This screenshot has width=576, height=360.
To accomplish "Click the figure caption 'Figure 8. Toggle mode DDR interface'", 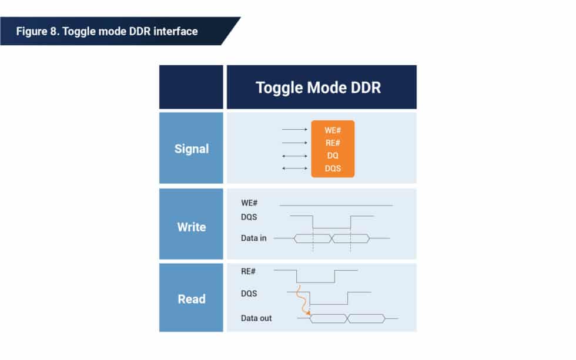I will [x=106, y=31].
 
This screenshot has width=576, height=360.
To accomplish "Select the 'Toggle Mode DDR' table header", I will [x=318, y=88].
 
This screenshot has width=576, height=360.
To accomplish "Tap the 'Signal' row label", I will [x=191, y=149].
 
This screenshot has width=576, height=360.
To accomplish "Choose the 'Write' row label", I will [x=191, y=227].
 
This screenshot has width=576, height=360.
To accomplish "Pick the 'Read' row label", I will [x=191, y=299].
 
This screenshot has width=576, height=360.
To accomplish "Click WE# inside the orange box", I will [x=333, y=130].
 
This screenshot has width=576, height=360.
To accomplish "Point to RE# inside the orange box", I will [x=333, y=143].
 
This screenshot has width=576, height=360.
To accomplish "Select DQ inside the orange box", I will [x=333, y=156].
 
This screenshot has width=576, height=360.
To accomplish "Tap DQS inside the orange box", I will [x=333, y=169].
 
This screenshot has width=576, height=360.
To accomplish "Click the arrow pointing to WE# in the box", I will [x=294, y=130].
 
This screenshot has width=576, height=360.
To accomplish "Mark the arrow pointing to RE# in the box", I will [x=294, y=143].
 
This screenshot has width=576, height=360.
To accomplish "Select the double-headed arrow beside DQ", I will [x=294, y=156].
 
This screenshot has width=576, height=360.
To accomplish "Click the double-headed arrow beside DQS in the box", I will [x=294, y=169].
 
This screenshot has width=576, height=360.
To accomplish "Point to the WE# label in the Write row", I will [x=249, y=203].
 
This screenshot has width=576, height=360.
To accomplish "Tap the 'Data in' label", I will [x=253, y=238].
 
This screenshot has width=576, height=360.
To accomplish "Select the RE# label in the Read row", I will [x=249, y=272].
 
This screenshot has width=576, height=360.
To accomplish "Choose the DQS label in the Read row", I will [x=249, y=293].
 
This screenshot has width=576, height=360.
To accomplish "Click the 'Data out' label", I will [x=256, y=318].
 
